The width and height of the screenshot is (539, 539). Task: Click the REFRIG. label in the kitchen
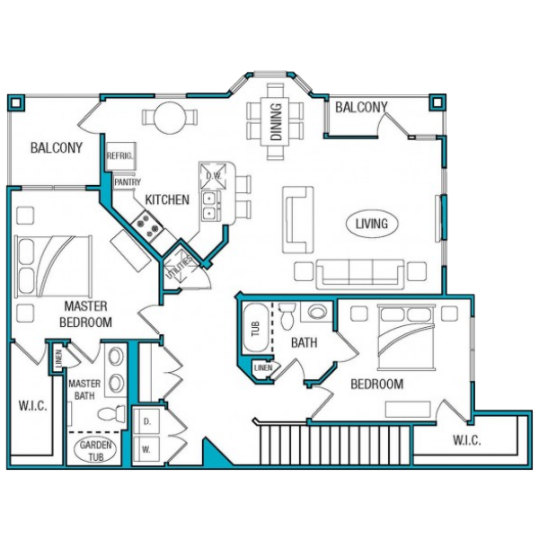coord(119,156)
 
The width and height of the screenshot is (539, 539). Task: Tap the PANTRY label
coord(128,181)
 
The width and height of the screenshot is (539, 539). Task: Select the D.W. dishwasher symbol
coord(214,176)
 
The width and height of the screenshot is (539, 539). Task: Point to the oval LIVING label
coord(372,224)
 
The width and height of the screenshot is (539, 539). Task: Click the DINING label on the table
coord(276,122)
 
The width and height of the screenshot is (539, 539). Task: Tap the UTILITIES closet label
coord(179,268)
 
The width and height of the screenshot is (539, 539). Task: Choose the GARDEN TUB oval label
coord(95,450)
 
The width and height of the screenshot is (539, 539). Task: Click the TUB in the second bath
coord(255,328)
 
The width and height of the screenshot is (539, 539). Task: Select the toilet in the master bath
coord(111,413)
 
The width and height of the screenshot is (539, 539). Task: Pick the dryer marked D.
coord(146,422)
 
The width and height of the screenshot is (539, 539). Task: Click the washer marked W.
coord(146,450)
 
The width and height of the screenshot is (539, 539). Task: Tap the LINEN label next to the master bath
coord(58,358)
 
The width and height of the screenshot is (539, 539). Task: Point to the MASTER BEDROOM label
coord(85,314)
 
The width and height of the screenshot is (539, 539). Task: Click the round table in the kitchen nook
coord(170,119)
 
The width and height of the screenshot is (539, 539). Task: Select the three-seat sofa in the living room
coord(359,274)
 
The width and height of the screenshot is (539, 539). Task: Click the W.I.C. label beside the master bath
coord(32,406)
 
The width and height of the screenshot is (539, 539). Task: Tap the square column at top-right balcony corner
coord(437,102)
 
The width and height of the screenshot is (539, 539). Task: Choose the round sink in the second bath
coord(317,312)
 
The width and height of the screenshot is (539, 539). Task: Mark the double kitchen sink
coord(208,206)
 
